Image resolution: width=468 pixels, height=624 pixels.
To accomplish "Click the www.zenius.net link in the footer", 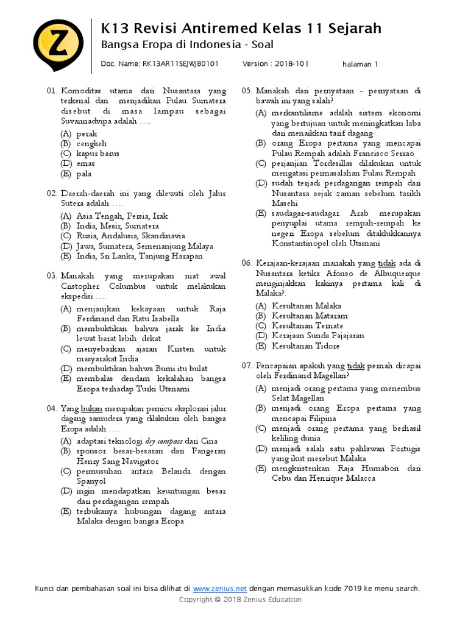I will (x=220, y=588).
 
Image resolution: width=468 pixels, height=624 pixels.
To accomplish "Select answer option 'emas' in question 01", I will (x=84, y=164).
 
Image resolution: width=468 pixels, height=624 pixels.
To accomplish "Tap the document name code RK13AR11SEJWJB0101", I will (x=180, y=63).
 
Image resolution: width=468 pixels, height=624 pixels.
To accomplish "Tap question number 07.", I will (x=246, y=366).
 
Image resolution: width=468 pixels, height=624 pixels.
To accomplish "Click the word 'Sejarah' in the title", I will (x=352, y=28).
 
